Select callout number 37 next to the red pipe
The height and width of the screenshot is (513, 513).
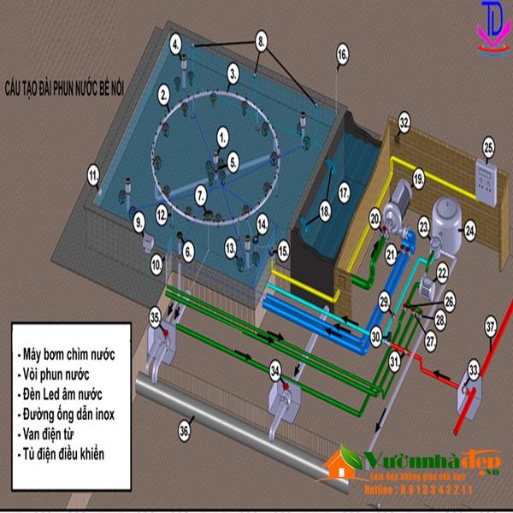click(491, 326)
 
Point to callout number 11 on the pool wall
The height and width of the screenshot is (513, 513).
click(92, 177)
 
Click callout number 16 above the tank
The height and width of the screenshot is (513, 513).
click(342, 53)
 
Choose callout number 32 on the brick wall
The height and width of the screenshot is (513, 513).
click(404, 123)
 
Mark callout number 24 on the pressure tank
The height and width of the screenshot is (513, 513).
click(469, 229)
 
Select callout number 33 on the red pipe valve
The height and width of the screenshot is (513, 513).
click(473, 371)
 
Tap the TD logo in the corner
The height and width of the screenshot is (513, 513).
click(492, 26)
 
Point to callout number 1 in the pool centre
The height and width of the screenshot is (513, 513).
click(223, 133)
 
